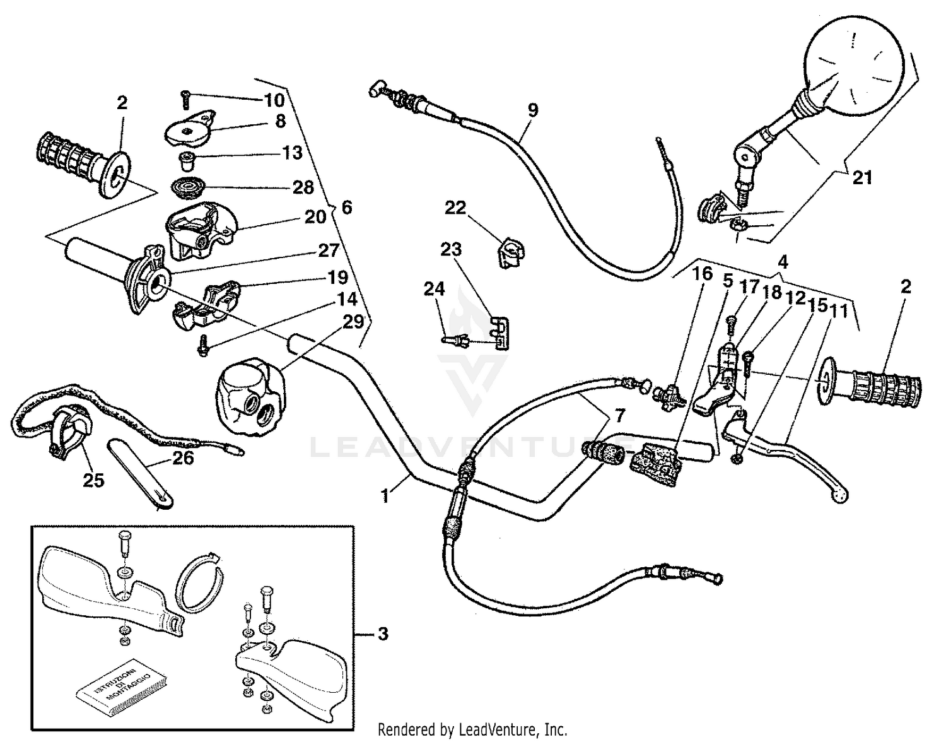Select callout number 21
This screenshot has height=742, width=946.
pyautogui.click(x=862, y=178)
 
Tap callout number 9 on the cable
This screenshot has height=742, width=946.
pyautogui.click(x=533, y=110)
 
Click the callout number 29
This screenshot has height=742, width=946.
pyautogui.click(x=354, y=322)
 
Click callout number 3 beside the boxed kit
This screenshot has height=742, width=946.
pyautogui.click(x=382, y=633)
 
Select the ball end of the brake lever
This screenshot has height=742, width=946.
pyautogui.click(x=840, y=497)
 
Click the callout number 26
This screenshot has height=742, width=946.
pyautogui.click(x=184, y=457)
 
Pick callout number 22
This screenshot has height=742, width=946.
pyautogui.click(x=455, y=208)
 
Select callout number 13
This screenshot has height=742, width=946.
pyautogui.click(x=292, y=153)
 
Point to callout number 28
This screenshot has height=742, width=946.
pyautogui.click(x=303, y=187)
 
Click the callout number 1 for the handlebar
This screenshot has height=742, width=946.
pyautogui.click(x=386, y=496)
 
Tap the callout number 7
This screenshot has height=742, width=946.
pyautogui.click(x=619, y=415)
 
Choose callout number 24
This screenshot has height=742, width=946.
pyautogui.click(x=434, y=289)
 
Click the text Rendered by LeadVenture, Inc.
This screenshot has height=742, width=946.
pyautogui.click(x=472, y=730)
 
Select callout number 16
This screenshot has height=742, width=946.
pyautogui.click(x=702, y=273)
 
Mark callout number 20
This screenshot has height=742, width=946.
pyautogui.click(x=315, y=216)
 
